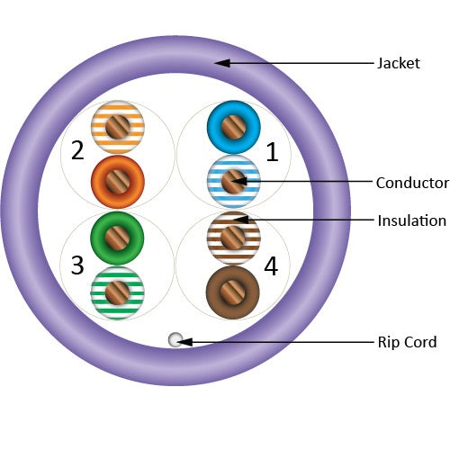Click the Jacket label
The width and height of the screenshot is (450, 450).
tap(399, 64)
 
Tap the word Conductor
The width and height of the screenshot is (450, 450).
tap(412, 183)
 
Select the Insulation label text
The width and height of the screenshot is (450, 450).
tap(411, 220)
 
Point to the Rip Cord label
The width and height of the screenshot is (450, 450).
tap(407, 342)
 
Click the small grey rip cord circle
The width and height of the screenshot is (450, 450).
tap(175, 340)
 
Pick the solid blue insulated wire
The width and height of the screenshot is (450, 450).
tap(234, 127)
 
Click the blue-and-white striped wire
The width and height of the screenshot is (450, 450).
tap(234, 182)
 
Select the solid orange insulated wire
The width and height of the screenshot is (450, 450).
tap(118, 182)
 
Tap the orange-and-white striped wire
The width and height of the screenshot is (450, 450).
tap(118, 127)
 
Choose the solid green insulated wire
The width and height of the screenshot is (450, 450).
tap(117, 238)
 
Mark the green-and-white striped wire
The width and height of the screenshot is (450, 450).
tap(117, 292)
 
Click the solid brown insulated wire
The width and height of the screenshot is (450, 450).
tap(233, 292)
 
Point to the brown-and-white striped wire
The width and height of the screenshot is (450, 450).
tap(233, 238)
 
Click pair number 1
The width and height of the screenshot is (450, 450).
tap(272, 152)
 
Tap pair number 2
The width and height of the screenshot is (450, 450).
tap(77, 150)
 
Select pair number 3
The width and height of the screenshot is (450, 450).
tap(77, 265)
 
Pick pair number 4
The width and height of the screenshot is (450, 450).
tap(271, 266)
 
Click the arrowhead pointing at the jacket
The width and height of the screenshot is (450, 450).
tap(222, 63)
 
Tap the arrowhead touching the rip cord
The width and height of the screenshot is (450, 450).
tap(184, 342)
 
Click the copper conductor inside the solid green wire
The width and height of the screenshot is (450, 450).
tap(117, 238)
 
